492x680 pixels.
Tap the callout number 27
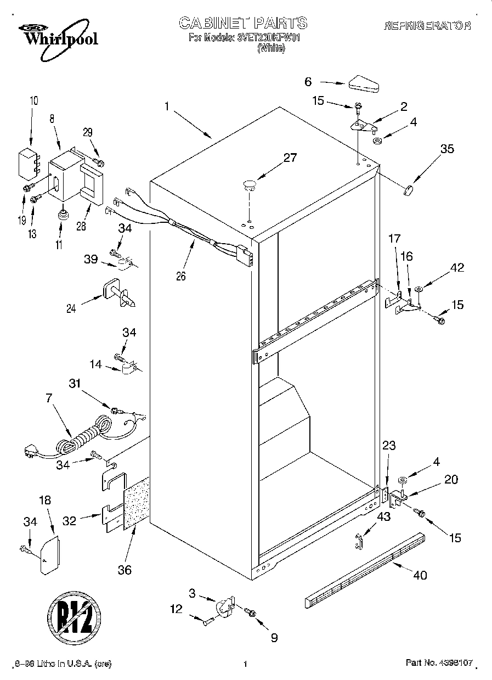290,158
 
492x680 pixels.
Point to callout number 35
448,148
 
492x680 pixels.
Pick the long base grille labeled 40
365,570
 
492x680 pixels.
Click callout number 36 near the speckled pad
125,570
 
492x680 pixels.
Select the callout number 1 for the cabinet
166,107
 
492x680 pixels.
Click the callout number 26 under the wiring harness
181,276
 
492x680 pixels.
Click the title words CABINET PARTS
243,23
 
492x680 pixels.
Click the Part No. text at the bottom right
438,664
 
